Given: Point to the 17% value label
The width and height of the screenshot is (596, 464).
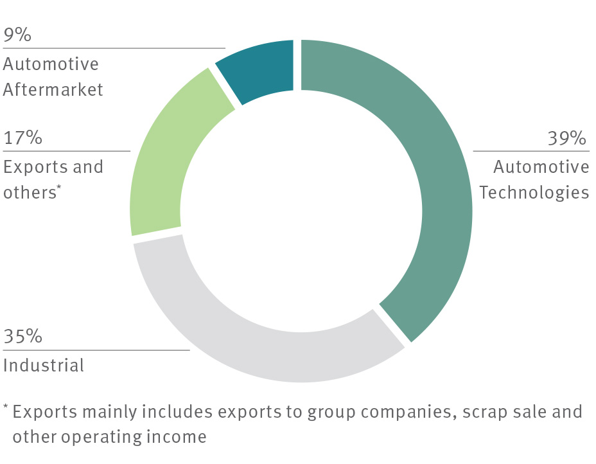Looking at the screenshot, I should point(22,138).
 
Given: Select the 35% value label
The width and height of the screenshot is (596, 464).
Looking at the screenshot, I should point(23,337).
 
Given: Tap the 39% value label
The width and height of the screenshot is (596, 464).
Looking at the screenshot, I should point(567,138).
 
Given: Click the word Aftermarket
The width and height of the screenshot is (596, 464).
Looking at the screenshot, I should point(53,89).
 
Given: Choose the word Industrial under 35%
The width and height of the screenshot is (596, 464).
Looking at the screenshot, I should point(44,366).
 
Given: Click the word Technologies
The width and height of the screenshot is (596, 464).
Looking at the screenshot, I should point(534,192).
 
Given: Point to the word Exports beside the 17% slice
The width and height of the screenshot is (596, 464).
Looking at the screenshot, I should point(34,166).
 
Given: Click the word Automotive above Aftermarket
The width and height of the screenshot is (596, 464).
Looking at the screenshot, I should point(51,64).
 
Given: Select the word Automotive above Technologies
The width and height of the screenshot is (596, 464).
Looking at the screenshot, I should point(541,166).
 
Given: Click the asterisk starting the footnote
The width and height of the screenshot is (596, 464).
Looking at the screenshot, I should point(6,407).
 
